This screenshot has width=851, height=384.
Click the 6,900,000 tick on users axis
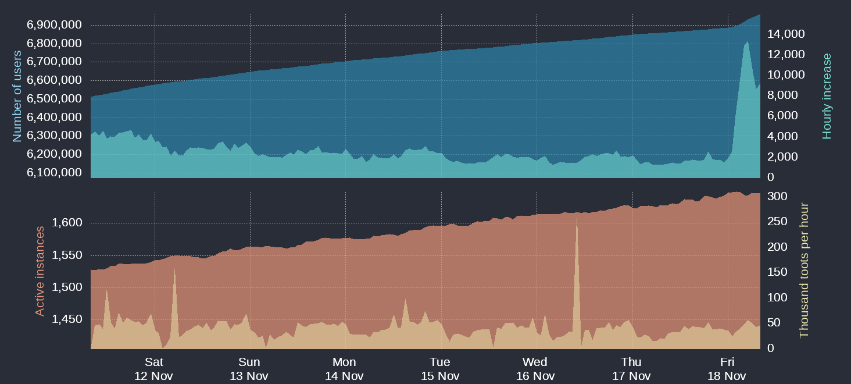[54, 25]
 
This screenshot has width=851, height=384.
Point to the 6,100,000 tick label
[54, 173]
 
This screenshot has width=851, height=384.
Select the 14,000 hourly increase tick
[786, 34]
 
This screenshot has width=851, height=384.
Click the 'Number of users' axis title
[17, 96]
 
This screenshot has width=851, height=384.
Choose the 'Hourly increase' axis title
[827, 96]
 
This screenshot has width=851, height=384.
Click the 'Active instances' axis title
[40, 271]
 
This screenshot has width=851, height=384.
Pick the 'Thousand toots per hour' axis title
[804, 271]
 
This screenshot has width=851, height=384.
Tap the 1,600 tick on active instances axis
[68, 223]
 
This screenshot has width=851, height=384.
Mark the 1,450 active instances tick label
[68, 319]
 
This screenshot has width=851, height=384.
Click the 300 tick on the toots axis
[777, 197]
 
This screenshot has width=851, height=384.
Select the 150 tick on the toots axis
[777, 272]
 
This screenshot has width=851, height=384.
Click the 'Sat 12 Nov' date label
[153, 369]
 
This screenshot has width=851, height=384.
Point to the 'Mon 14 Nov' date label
[344, 369]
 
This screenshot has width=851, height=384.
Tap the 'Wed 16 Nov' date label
[535, 369]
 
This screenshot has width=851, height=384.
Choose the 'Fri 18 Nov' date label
[727, 369]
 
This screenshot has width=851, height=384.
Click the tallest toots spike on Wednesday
[577, 218]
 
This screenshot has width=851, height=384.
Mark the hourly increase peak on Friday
[747, 42]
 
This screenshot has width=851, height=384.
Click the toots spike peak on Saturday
[174, 269]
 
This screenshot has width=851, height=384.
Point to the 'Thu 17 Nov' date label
[631, 369]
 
